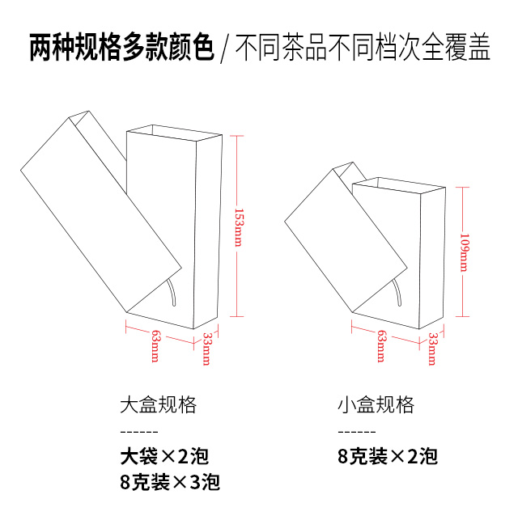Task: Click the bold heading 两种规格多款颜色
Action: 121,49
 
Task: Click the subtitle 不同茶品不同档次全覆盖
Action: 363,49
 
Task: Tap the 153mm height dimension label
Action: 237,227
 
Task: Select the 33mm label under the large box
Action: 206,349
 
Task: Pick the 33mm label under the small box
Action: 432,349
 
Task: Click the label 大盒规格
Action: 158,404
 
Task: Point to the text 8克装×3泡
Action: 169,483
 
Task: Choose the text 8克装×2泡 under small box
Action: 388,456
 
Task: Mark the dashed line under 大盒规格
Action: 138,430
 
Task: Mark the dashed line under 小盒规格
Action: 356,430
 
